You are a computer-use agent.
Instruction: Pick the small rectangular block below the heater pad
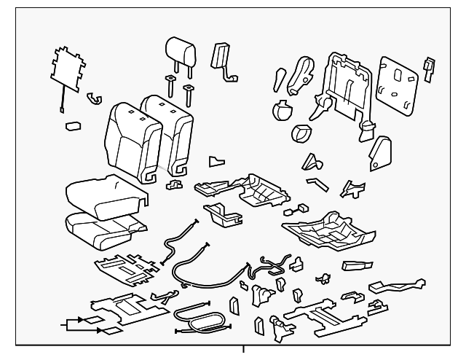[x=72, y=125]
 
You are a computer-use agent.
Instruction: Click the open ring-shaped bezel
[x=301, y=134]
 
